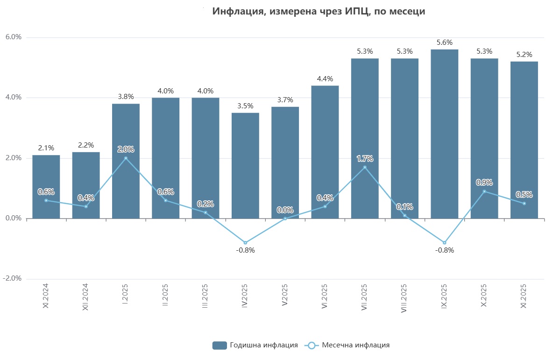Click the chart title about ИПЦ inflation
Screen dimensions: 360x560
point(319,12)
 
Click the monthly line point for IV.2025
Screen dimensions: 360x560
point(245,243)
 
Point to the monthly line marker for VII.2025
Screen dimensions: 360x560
point(365,167)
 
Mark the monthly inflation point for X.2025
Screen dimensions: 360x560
point(484,191)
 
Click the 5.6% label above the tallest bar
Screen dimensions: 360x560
point(444,42)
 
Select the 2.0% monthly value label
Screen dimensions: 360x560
point(126,149)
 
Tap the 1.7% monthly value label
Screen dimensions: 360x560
point(365,159)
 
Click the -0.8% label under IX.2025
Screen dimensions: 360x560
point(444,250)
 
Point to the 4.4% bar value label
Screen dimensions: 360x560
point(325,79)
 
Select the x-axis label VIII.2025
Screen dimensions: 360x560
point(404,298)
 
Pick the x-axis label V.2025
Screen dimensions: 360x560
point(285,295)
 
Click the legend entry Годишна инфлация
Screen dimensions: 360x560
point(255,346)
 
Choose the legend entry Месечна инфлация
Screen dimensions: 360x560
point(348,346)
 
